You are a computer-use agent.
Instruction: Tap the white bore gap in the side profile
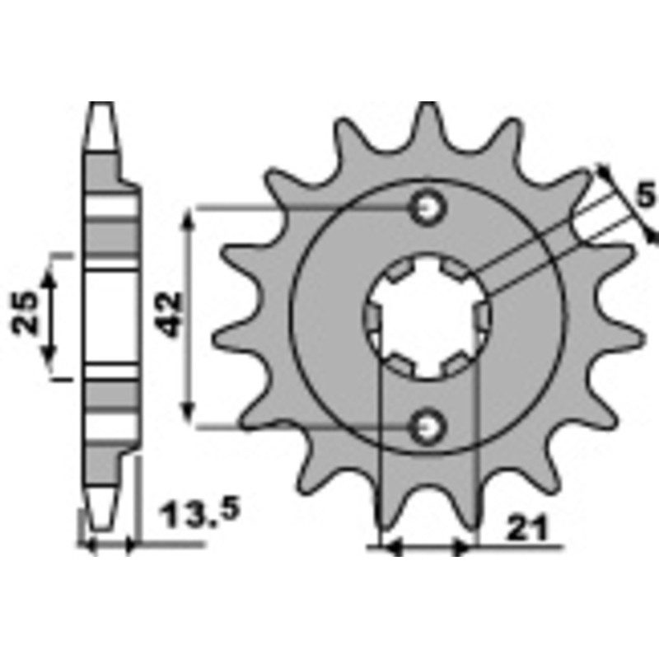tap(110, 317)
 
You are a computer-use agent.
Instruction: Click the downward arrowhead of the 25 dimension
tap(50, 356)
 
